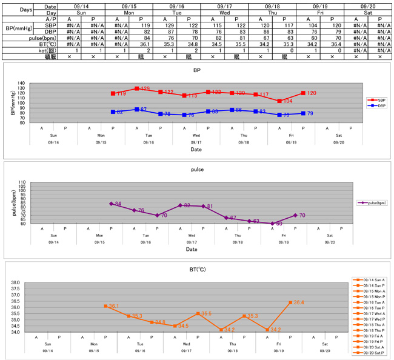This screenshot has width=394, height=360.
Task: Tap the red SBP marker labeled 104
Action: [x=279, y=101]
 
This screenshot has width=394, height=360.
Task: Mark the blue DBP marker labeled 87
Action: [x=137, y=109]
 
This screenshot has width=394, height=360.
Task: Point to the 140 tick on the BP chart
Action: [x=21, y=83]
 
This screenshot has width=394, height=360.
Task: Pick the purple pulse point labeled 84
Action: [x=111, y=204]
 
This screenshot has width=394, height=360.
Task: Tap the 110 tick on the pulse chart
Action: [x=21, y=182]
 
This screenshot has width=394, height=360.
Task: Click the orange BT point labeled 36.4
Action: [x=290, y=302]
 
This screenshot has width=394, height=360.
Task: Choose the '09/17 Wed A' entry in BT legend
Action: [x=371, y=312]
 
